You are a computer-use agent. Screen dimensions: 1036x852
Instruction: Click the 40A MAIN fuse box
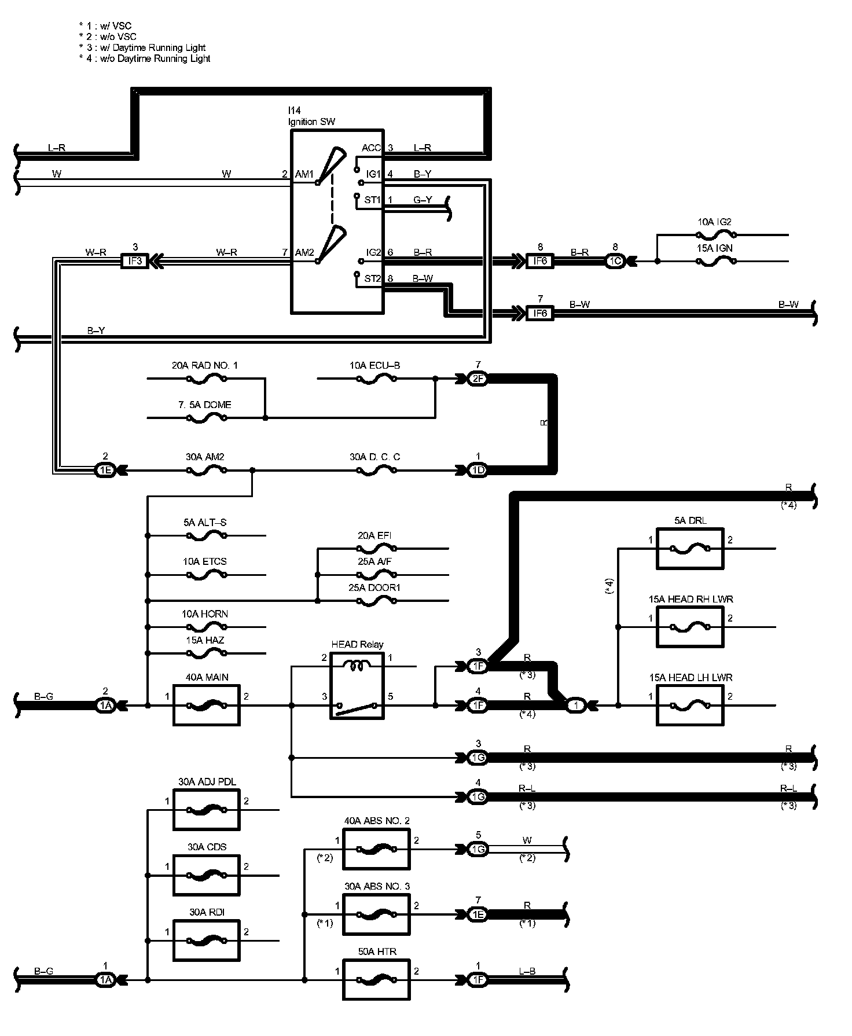(x=206, y=705)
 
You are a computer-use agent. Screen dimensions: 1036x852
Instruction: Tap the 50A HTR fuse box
(x=376, y=979)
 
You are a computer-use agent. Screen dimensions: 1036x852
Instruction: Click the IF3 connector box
(x=134, y=261)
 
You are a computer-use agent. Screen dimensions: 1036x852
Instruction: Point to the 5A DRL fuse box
(x=689, y=548)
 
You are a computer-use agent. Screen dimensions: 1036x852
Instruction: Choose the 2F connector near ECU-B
(x=478, y=379)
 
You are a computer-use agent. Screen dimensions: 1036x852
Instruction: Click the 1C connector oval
(x=615, y=261)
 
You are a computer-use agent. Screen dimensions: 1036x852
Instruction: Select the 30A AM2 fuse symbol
(x=206, y=471)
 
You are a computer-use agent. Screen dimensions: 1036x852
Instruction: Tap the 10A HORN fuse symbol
(x=206, y=626)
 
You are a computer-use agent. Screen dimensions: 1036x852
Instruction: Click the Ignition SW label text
(x=311, y=122)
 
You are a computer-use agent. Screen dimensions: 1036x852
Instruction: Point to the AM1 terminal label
(x=304, y=174)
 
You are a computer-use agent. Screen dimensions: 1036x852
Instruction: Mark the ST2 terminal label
(x=373, y=278)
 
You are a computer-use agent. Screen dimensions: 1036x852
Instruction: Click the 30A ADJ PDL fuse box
(x=206, y=810)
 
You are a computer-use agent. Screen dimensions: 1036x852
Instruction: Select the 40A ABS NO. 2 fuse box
(x=376, y=849)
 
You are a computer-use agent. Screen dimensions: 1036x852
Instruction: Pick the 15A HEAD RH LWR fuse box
(x=689, y=627)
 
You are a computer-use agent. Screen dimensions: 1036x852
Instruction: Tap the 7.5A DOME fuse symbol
(x=206, y=417)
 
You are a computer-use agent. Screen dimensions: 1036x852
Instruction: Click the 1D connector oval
(x=478, y=471)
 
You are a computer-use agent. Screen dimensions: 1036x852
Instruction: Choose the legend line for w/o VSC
(x=108, y=36)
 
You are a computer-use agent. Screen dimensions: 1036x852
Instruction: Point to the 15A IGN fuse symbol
(x=716, y=261)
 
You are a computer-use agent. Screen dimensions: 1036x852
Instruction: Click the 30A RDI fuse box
(x=206, y=941)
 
